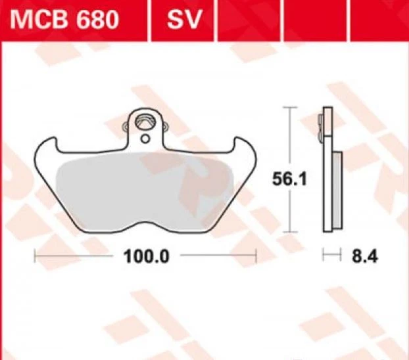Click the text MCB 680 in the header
[63, 20]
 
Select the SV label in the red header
[182, 20]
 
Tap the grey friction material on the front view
[145, 191]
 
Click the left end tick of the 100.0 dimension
[35, 256]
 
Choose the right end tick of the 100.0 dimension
[256, 256]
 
